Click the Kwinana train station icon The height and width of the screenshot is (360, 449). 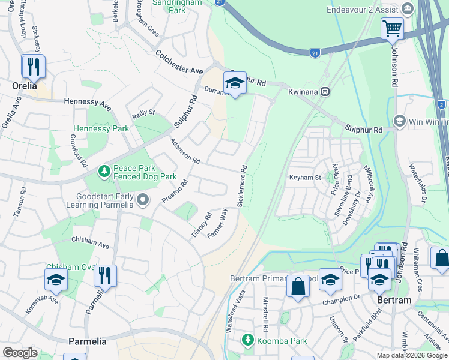click(x=325, y=92)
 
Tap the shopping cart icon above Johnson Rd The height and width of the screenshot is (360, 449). click(x=392, y=28)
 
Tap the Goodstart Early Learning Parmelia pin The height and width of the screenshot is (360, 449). click(x=142, y=200)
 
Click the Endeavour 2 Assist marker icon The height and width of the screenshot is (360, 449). click(x=408, y=9)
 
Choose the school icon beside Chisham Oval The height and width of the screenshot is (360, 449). click(x=56, y=280)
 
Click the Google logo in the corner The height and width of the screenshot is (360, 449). click(x=20, y=353)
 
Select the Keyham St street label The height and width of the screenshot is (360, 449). click(x=305, y=178)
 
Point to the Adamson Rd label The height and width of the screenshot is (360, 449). click(x=184, y=151)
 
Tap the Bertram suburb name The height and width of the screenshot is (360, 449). click(x=394, y=300)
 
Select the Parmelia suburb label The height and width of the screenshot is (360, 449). click(x=87, y=341)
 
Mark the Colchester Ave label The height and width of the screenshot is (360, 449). click(x=179, y=62)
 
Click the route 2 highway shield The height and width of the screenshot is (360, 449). click(x=441, y=104)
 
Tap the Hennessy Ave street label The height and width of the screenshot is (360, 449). click(x=88, y=104)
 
